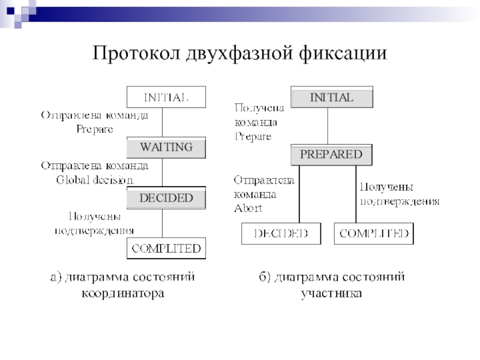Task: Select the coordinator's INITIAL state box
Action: click(166, 97)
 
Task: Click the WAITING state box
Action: click(166, 147)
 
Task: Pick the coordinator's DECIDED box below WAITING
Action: click(166, 198)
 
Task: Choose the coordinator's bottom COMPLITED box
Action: click(166, 248)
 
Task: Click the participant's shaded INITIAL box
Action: click(331, 97)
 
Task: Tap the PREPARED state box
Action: click(331, 155)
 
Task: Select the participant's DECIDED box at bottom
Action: click(280, 233)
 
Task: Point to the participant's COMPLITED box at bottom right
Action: click(374, 233)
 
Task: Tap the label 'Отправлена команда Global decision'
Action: click(94, 172)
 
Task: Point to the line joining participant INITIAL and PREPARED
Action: click(328, 125)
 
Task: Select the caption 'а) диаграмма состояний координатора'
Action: click(122, 286)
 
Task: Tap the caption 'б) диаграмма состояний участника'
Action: click(331, 286)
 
